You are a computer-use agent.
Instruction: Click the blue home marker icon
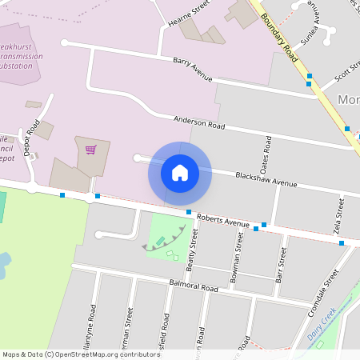(x=180, y=172)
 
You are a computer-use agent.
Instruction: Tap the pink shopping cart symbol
(x=90, y=149)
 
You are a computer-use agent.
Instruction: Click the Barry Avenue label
(x=193, y=70)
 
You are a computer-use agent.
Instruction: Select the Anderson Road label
(x=200, y=122)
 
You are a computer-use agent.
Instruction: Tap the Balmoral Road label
(x=194, y=286)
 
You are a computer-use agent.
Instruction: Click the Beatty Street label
(x=191, y=247)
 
